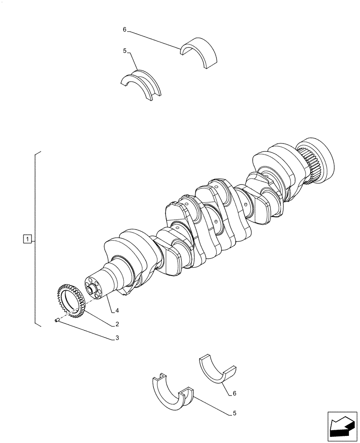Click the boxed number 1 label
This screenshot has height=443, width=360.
click(x=27, y=240)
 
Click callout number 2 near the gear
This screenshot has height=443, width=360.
click(x=117, y=324)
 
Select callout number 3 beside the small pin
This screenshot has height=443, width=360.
click(x=117, y=338)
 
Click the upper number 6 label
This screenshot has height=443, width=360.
click(x=125, y=30)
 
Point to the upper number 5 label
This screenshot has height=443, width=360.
click(x=125, y=51)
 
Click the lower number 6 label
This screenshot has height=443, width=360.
click(x=235, y=393)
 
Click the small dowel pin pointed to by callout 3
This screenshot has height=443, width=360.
click(x=57, y=320)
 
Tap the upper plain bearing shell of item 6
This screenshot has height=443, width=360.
click(x=202, y=51)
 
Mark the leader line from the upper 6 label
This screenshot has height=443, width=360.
click(x=155, y=39)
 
